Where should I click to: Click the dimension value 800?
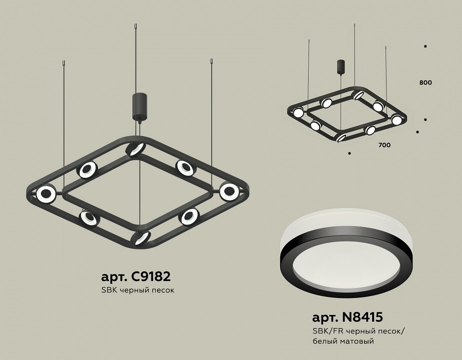(426, 82)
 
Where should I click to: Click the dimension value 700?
(384, 145)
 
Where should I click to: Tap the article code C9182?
(139, 276)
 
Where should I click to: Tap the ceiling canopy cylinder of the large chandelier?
(138, 106)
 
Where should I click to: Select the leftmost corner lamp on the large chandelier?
(45, 193)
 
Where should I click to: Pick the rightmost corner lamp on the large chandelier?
(229, 191)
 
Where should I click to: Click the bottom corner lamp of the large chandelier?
(141, 237)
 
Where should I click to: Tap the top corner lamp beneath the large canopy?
(135, 149)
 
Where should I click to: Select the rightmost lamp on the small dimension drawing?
(397, 120)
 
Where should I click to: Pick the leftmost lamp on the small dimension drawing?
(298, 112)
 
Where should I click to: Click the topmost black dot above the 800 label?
(425, 46)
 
